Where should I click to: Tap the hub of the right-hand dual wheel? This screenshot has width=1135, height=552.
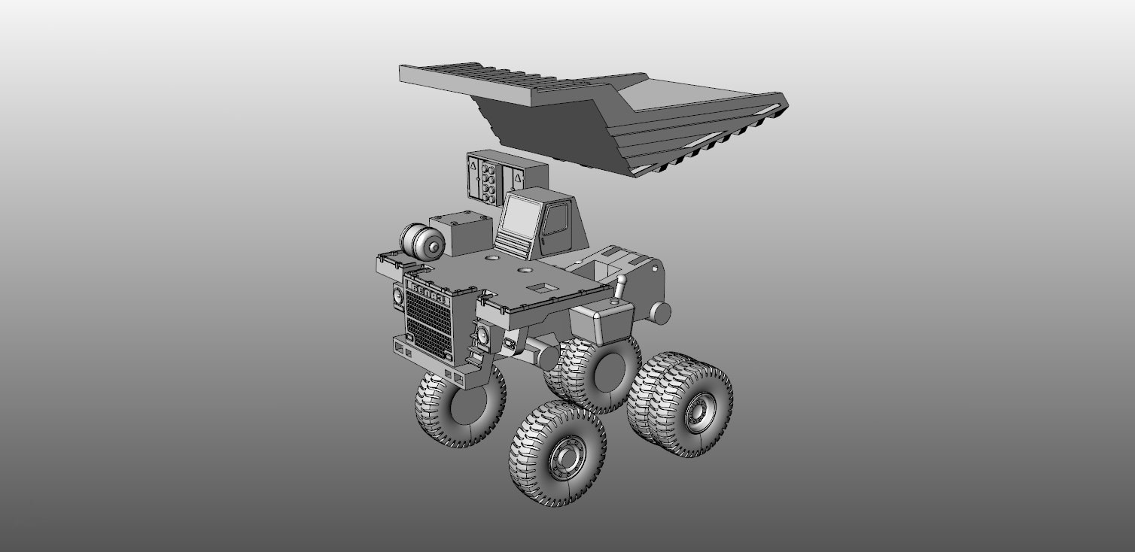(697, 411)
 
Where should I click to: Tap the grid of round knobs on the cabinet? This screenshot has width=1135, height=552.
(490, 180)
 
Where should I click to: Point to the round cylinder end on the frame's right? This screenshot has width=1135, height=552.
(660, 311)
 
